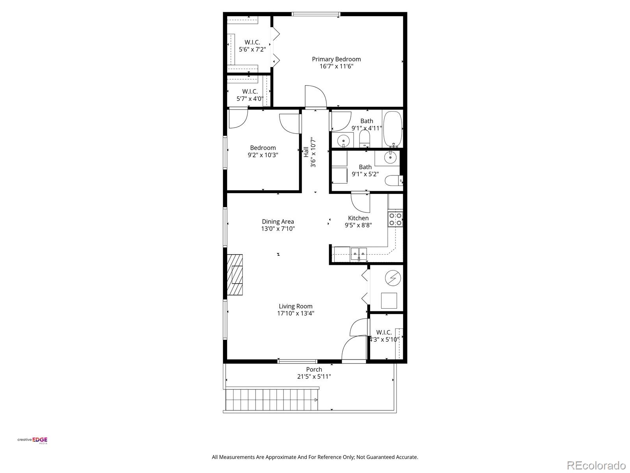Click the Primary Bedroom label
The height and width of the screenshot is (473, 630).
click(336, 59)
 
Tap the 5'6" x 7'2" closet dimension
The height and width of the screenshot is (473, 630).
click(252, 50)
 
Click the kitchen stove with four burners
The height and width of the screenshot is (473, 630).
click(395, 219)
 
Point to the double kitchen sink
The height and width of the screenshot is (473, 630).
click(359, 253)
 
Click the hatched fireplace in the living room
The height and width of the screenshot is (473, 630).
click(235, 275)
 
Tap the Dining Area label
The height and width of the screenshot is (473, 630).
click(278, 222)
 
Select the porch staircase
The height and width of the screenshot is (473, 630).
click(272, 399)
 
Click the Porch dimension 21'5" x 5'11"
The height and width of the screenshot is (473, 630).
click(314, 376)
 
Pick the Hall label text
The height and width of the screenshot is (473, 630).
click(306, 152)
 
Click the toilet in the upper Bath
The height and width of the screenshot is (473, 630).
click(365, 138)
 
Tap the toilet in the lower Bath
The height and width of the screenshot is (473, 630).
click(393, 181)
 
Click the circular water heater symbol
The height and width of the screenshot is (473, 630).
click(393, 279)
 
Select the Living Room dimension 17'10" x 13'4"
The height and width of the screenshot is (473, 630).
click(295, 313)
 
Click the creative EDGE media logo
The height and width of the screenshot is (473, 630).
click(32, 440)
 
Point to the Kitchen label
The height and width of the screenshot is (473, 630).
click(358, 218)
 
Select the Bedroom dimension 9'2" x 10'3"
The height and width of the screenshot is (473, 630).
click(263, 155)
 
